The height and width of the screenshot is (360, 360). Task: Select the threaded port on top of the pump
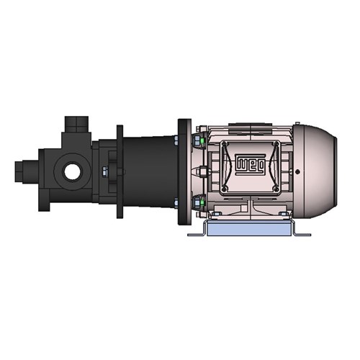pyautogui.click(x=73, y=125)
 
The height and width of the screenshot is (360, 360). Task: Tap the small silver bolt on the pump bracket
pyautogui.click(x=105, y=171)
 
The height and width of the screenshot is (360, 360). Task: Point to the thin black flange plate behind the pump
pyautogui.click(x=120, y=171)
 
